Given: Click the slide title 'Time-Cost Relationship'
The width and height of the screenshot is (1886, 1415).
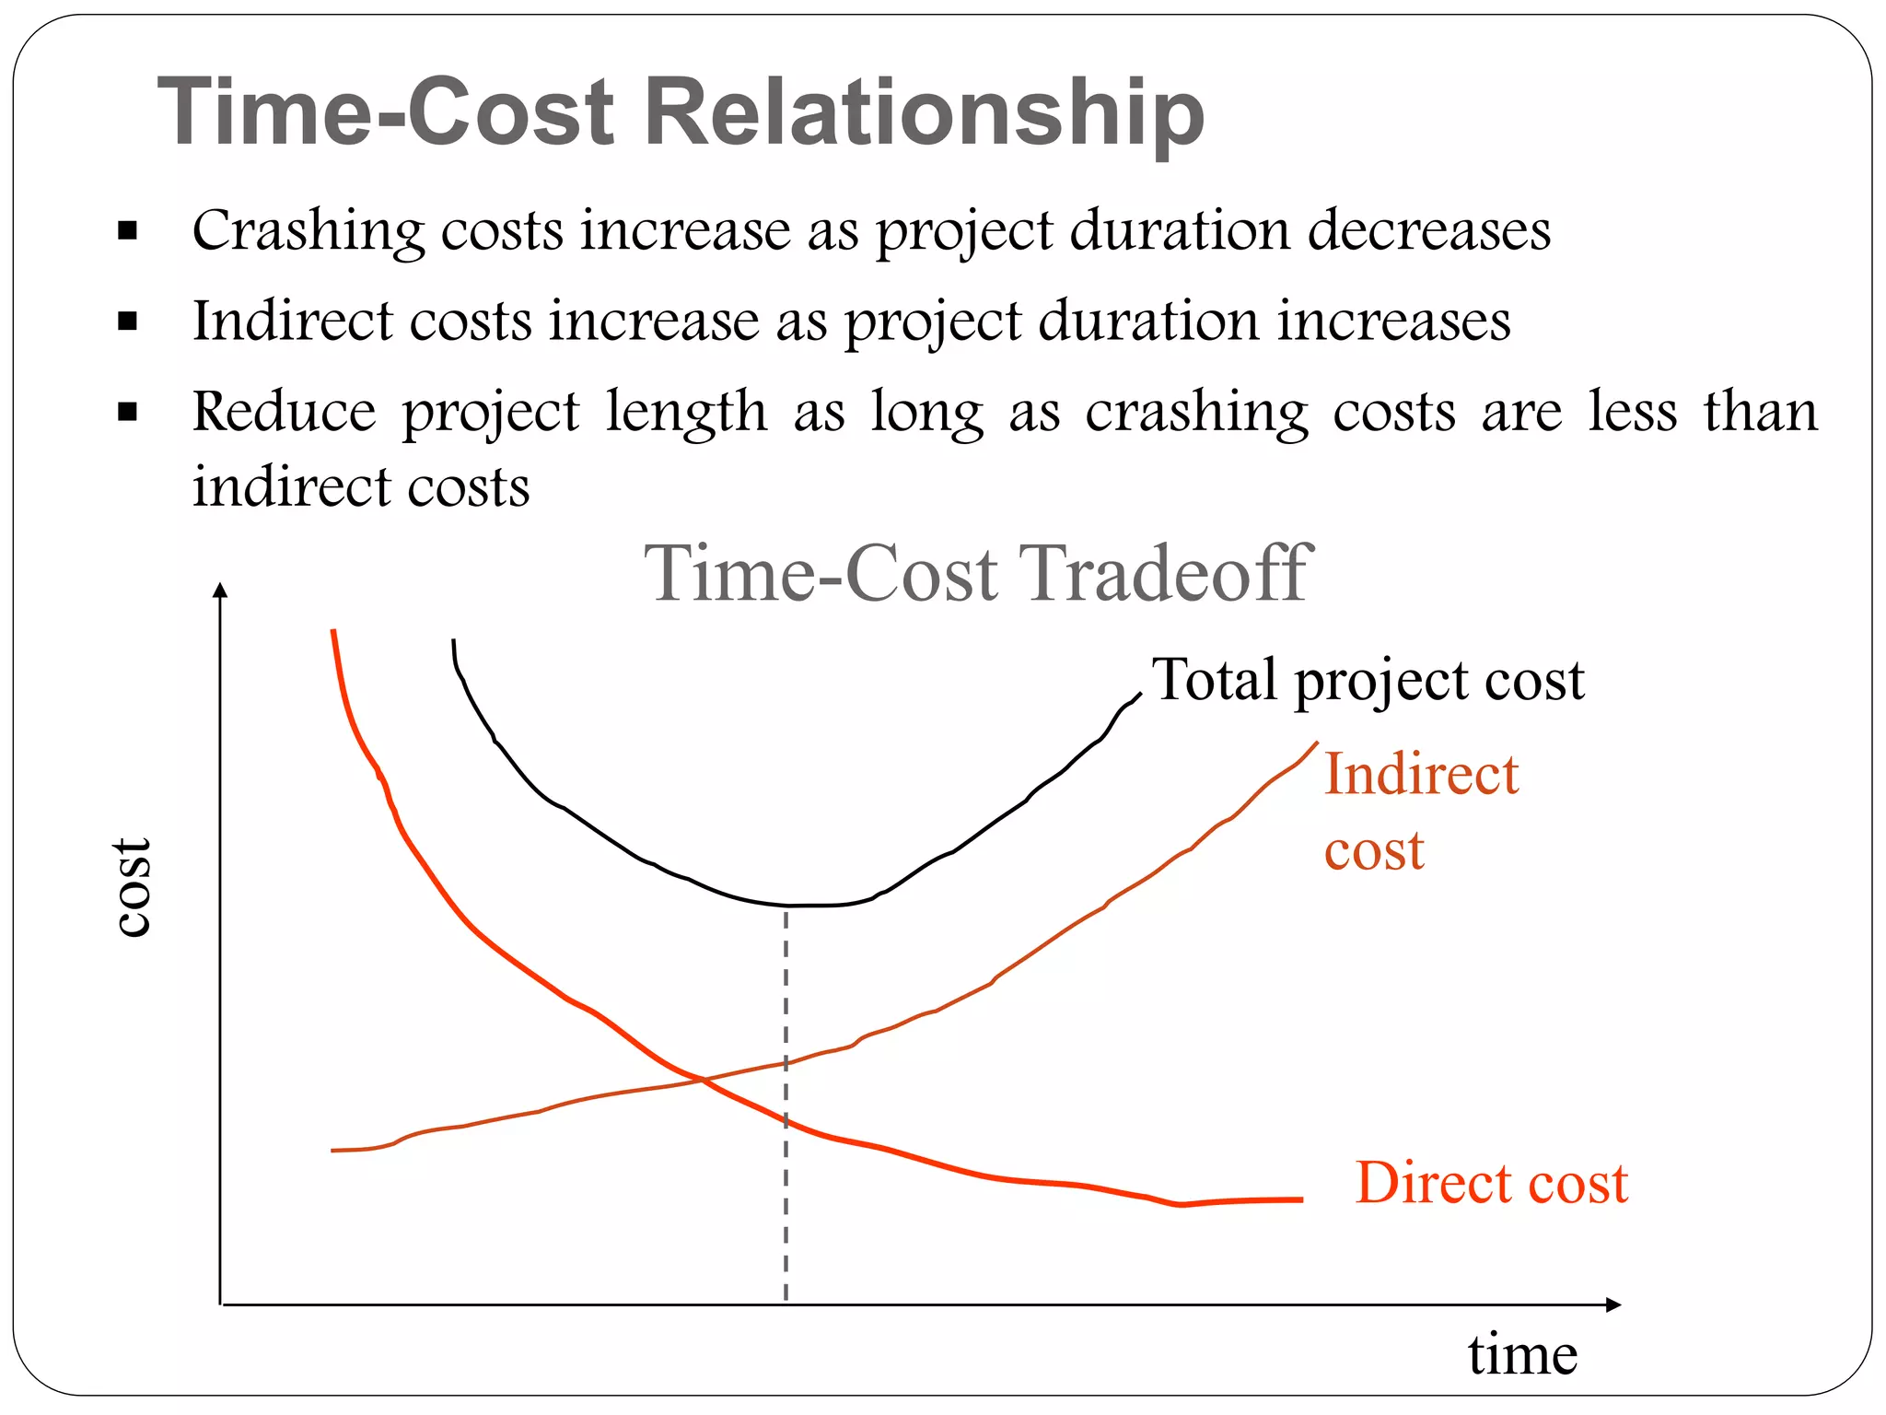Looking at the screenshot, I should click(x=681, y=112).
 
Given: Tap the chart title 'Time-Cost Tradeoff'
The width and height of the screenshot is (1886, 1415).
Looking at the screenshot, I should click(x=977, y=573).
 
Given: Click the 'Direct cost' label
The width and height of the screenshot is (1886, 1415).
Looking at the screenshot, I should click(x=1491, y=1183).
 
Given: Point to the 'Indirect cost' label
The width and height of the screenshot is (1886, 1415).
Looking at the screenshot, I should click(x=1419, y=811).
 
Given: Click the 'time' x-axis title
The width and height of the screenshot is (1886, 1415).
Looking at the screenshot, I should click(x=1522, y=1355).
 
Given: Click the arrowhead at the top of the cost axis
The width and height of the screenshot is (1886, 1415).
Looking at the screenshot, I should click(x=219, y=590).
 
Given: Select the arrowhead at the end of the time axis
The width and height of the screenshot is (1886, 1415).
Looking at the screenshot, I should click(x=1612, y=1304).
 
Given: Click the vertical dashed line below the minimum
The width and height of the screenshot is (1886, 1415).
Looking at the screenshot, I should click(x=786, y=1198).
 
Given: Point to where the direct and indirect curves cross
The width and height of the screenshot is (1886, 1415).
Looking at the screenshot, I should click(x=703, y=1080).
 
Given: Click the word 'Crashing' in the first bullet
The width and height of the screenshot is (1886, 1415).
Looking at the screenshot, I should click(x=308, y=230).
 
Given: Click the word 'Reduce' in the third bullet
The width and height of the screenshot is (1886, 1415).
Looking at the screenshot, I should click(x=284, y=411).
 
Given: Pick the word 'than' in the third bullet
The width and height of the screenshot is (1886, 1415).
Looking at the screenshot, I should click(x=1760, y=411).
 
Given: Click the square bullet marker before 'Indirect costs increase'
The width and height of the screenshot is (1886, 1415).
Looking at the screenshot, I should click(x=127, y=322).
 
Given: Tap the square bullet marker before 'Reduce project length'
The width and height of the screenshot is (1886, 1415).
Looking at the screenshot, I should click(x=127, y=412).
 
